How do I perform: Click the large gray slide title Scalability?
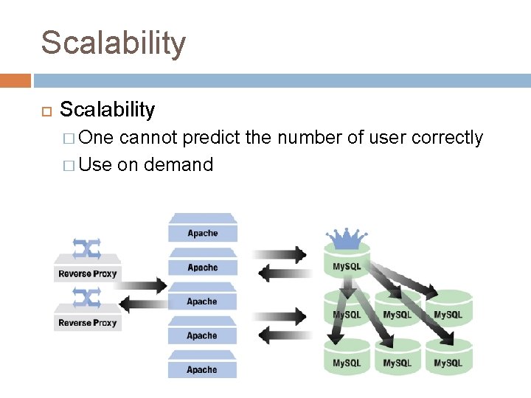pos(113,43)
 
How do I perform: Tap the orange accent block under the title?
pos(15,80)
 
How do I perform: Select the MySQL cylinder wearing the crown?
pos(347,265)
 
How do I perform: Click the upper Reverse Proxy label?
pos(88,273)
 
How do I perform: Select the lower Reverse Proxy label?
pos(88,323)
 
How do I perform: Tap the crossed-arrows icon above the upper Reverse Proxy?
pos(87,248)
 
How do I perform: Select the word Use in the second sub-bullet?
pos(94,164)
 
